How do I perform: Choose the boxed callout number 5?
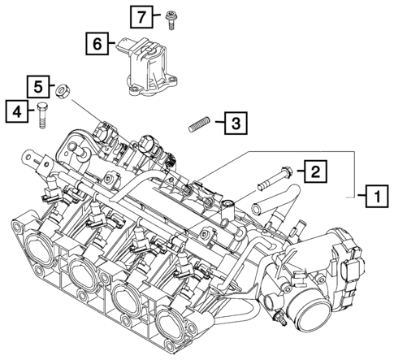[x=37, y=85]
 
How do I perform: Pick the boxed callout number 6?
[x=96, y=44]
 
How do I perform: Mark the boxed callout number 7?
[x=141, y=15]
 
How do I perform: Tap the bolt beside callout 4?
[x=41, y=115]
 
